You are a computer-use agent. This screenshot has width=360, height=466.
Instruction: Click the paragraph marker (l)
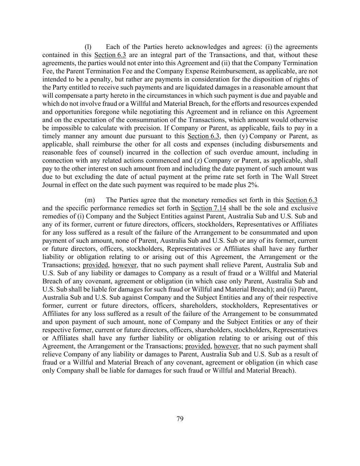click(x=88, y=47)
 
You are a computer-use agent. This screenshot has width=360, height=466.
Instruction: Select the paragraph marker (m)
click(x=89, y=200)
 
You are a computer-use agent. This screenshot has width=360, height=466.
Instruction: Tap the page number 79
click(x=180, y=419)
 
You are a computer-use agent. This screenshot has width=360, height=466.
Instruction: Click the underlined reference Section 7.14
click(x=208, y=208)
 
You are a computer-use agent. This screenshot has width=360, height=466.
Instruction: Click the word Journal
click(x=53, y=185)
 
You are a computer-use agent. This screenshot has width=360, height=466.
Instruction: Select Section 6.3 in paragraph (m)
click(x=301, y=200)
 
